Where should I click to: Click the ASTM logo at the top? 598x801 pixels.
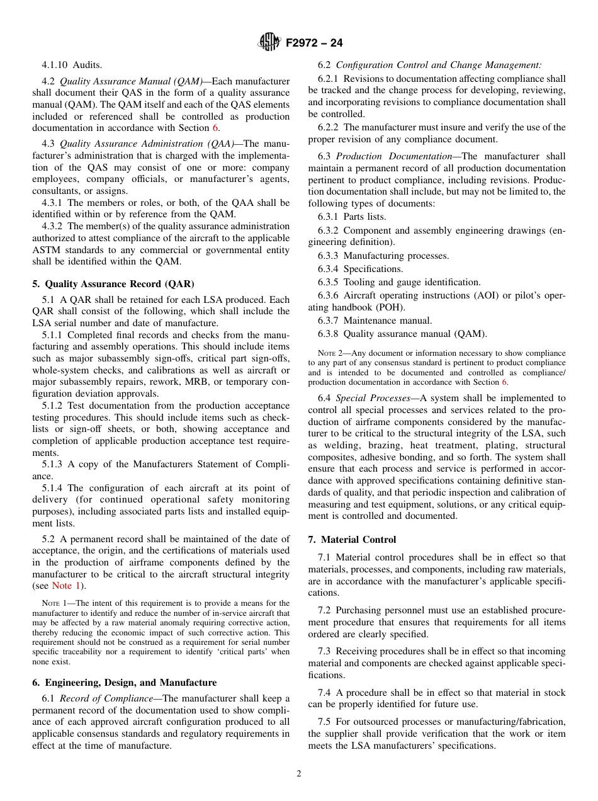[x=269, y=43]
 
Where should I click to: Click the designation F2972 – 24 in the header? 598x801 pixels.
[x=314, y=43]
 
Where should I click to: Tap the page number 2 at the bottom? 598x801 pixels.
[x=299, y=774]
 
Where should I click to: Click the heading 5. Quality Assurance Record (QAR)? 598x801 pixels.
[x=113, y=284]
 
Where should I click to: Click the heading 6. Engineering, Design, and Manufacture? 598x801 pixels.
[x=124, y=683]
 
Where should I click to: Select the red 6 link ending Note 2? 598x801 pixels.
[x=504, y=382]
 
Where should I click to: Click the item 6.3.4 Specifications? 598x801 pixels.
[x=360, y=269]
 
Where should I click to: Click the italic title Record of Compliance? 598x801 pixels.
[x=110, y=698]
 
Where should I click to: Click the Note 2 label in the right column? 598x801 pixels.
[x=322, y=353]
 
